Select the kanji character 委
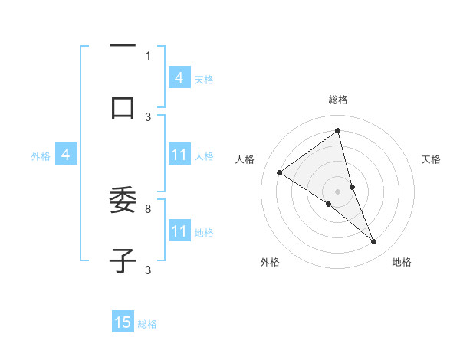pyautogui.click(x=123, y=200)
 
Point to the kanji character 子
pyautogui.click(x=123, y=260)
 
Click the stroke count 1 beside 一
pyautogui.click(x=148, y=55)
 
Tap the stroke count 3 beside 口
pyautogui.click(x=148, y=116)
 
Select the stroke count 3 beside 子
pyautogui.click(x=148, y=270)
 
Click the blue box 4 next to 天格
pyautogui.click(x=179, y=78)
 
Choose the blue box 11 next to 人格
pyautogui.click(x=179, y=155)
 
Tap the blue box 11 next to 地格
pyautogui.click(x=179, y=231)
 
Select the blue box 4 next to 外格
pyautogui.click(x=66, y=155)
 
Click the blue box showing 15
pyautogui.click(x=123, y=322)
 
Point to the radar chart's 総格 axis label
pyautogui.click(x=338, y=100)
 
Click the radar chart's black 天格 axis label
pyautogui.click(x=431, y=159)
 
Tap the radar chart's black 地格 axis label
pyautogui.click(x=402, y=262)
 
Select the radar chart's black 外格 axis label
pyautogui.click(x=270, y=262)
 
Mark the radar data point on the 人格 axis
pyautogui.click(x=279, y=172)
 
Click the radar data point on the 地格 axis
pyautogui.click(x=374, y=242)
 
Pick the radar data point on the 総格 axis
pyautogui.click(x=338, y=131)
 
